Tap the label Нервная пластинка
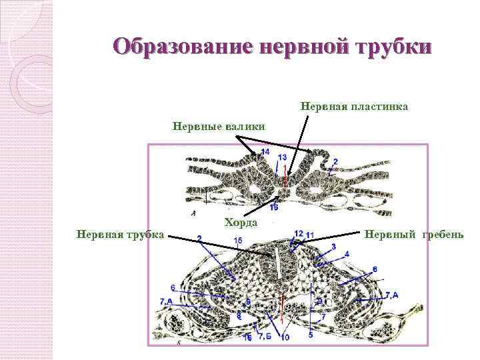pyautogui.click(x=354, y=106)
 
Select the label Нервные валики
pyautogui.click(x=219, y=125)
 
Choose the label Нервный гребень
pyautogui.click(x=410, y=234)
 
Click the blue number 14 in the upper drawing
pyautogui.click(x=265, y=153)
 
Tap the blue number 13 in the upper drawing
pyautogui.click(x=283, y=157)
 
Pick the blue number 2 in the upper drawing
pyautogui.click(x=335, y=161)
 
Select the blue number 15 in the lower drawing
pyautogui.click(x=239, y=240)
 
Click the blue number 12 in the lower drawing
pyautogui.click(x=298, y=233)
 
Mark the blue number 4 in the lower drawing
pyautogui.click(x=347, y=254)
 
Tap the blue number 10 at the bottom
pyautogui.click(x=285, y=337)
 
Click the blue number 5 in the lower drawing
pyautogui.click(x=311, y=335)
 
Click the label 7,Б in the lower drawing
pyautogui.click(x=265, y=335)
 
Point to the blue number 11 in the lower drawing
pyautogui.click(x=310, y=234)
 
